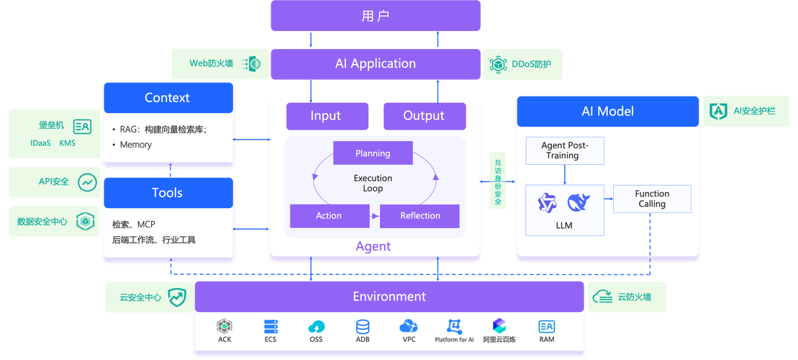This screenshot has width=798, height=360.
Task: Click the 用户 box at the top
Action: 375,16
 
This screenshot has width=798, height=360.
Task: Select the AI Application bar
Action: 375,63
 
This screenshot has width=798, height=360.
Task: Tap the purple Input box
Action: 327,116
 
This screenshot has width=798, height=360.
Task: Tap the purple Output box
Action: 424,116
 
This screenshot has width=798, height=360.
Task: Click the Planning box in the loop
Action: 373,153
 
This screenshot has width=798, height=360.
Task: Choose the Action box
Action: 329,215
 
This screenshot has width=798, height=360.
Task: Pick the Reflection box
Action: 420,215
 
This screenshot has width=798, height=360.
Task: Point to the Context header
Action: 168,98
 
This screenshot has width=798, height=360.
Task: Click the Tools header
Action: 168,193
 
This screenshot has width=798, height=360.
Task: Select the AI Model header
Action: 607,112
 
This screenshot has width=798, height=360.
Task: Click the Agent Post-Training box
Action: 565,150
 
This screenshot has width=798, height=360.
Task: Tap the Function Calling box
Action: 652,199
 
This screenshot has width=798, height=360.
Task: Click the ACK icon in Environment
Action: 225,326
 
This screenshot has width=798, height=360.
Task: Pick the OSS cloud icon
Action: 316,326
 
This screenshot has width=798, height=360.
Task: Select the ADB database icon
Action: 362,326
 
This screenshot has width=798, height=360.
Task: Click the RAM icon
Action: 547,326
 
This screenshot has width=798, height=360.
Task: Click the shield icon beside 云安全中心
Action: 176,297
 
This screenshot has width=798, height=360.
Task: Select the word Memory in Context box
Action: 136,145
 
